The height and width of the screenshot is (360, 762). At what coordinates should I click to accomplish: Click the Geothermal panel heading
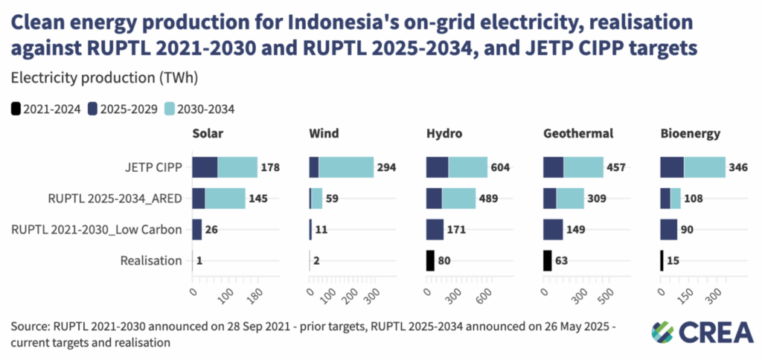pos(577,134)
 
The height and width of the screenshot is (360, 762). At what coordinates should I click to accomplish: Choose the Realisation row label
pos(151,260)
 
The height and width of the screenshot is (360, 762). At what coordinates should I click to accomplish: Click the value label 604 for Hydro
pos(499,168)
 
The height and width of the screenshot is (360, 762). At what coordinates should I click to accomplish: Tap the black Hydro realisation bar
pos(430,260)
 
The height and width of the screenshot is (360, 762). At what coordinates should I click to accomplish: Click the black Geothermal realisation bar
pos(547,260)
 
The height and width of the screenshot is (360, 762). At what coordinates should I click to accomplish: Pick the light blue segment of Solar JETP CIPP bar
pos(237,168)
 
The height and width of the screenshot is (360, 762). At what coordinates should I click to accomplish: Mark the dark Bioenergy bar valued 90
pos(669,230)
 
